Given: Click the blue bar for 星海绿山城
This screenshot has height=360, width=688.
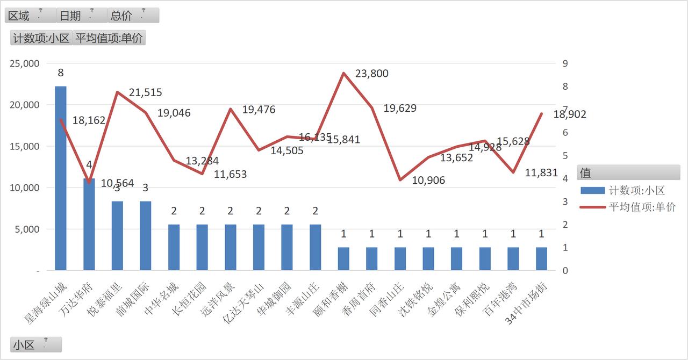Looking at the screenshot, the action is [61, 178].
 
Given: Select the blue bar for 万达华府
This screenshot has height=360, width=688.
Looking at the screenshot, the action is [89, 224].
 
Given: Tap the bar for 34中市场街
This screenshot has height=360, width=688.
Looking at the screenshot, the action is [541, 258].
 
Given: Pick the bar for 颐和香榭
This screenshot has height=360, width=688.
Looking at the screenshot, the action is [343, 258].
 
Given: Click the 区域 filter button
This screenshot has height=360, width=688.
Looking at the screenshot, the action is [31, 16].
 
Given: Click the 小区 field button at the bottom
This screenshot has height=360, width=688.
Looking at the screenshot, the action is [36, 344].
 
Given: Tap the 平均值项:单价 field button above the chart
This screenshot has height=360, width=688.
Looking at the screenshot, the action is [109, 38].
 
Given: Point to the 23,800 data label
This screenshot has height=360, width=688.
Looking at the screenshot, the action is [371, 74].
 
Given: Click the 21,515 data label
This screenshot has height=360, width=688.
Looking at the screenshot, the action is [145, 92].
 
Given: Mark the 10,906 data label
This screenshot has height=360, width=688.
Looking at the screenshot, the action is [428, 181].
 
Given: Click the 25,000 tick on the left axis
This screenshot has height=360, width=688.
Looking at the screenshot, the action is [25, 63].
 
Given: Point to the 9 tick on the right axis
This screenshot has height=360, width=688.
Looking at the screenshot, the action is [565, 63].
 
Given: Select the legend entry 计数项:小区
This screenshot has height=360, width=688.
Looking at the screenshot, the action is [623, 190].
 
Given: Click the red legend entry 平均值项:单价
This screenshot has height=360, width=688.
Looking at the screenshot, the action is [628, 207].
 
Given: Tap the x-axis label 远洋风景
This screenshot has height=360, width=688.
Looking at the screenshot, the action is [218, 299].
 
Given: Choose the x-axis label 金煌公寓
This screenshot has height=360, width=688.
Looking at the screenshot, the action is [444, 299].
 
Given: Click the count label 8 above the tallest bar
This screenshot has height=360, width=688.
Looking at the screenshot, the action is [61, 73].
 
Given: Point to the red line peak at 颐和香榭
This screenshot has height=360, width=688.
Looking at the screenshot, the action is [343, 73].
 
